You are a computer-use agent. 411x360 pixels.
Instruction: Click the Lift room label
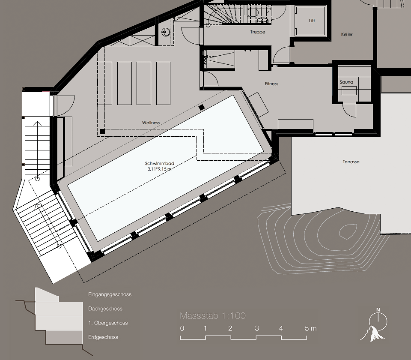coord(312,21)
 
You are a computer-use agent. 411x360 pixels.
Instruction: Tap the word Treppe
coord(258,32)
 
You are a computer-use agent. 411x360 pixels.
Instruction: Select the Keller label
coord(347,35)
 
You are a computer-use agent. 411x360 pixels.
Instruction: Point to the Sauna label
coord(346,82)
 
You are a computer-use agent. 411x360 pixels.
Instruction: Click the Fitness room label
coord(271,84)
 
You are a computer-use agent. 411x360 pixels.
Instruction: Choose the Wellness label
coord(151,123)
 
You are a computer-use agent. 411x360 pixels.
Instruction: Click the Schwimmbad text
coord(159,163)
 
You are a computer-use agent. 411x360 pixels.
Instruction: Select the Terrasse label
coord(351,162)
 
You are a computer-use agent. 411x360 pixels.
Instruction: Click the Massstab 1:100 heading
coord(213,316)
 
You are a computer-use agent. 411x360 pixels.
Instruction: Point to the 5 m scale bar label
coord(310,329)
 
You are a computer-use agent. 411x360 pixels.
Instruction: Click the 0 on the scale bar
coord(182,329)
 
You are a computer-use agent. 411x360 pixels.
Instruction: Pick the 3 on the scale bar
coord(256,329)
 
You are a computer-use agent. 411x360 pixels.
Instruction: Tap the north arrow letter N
coord(378,309)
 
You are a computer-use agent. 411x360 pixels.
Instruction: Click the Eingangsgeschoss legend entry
coord(110,294)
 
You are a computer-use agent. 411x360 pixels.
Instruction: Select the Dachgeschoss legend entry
coord(105,309)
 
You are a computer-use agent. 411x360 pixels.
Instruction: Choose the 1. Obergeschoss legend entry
coord(108,323)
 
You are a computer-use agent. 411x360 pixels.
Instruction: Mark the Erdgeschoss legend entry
coord(103,337)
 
